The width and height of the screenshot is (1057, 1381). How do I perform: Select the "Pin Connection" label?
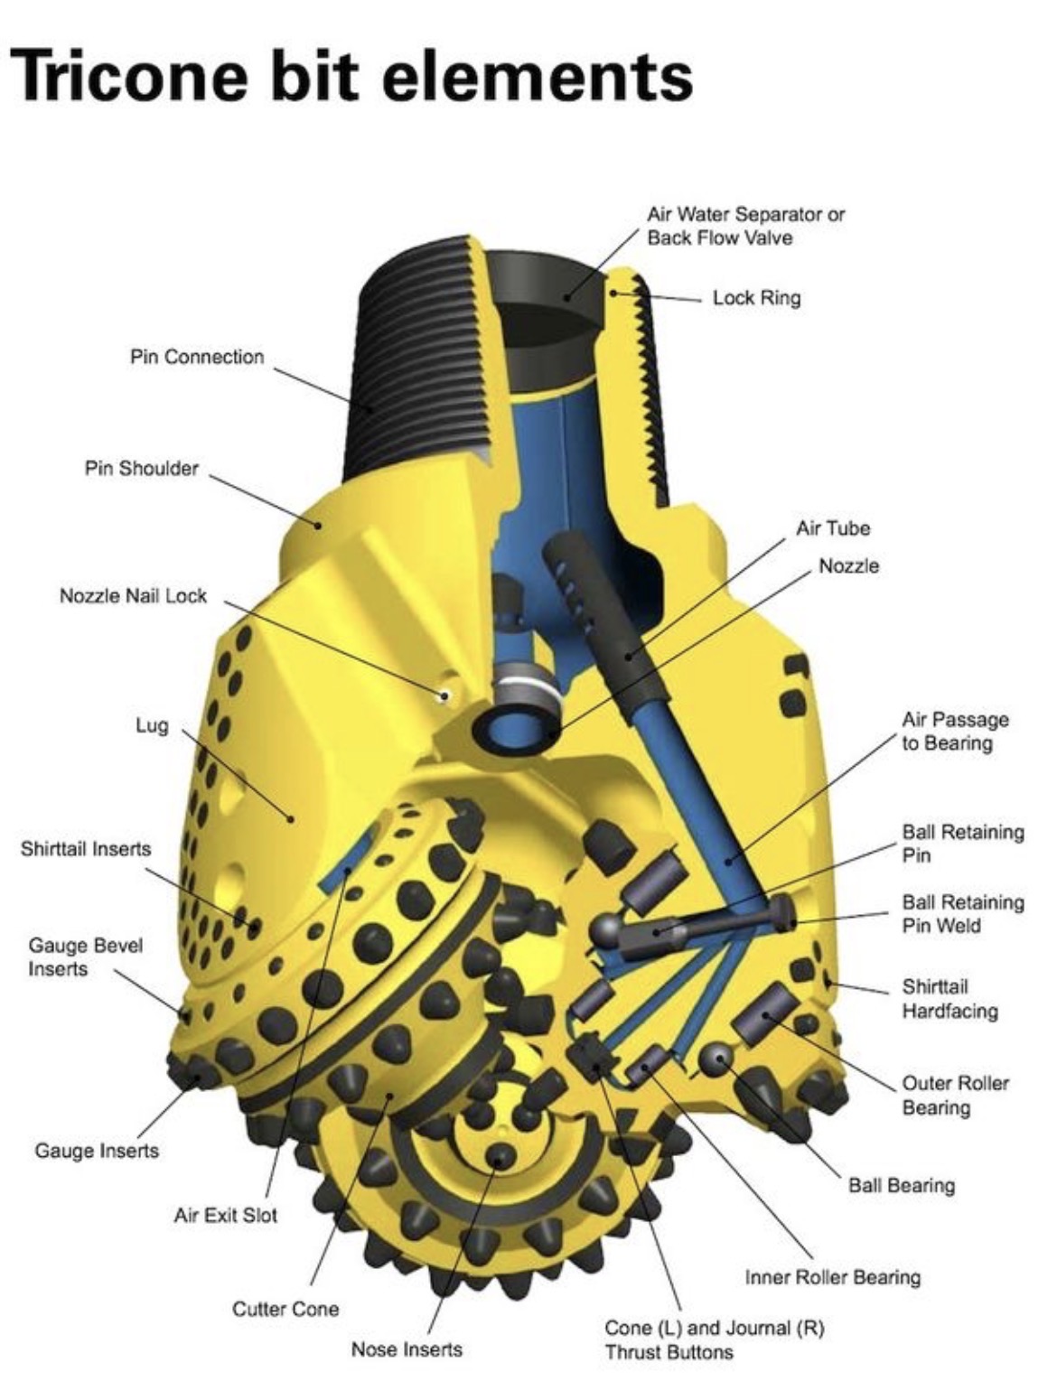(197, 357)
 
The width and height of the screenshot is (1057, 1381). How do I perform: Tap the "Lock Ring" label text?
(756, 297)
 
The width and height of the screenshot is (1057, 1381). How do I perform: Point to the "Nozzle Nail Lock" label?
(133, 596)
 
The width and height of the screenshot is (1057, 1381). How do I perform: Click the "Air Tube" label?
(832, 527)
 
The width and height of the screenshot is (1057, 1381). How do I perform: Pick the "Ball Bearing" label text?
(901, 1185)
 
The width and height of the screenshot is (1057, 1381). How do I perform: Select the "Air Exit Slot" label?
(225, 1215)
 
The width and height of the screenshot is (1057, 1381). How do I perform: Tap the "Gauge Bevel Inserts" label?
(85, 956)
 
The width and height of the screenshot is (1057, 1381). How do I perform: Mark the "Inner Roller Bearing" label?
(832, 1277)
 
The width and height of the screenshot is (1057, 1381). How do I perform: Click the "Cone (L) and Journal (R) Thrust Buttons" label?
(714, 1339)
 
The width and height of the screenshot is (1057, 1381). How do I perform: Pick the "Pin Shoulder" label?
(141, 468)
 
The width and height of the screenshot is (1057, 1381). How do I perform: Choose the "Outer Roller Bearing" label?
(955, 1094)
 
